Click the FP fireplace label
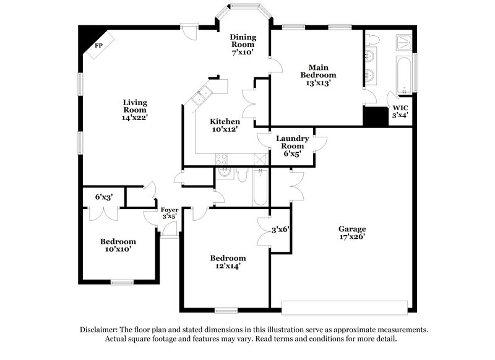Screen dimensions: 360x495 pyautogui.click(x=98, y=46)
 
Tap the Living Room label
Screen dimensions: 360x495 pyautogui.click(x=134, y=109)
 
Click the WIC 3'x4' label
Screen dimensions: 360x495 pyautogui.click(x=400, y=111)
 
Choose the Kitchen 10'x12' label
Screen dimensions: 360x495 pyautogui.click(x=225, y=126)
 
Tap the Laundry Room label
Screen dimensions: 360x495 pyautogui.click(x=288, y=146)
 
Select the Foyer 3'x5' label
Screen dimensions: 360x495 pyautogui.click(x=169, y=213)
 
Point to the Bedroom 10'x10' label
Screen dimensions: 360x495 pyautogui.click(x=118, y=245)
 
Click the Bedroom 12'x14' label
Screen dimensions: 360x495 pyautogui.click(x=228, y=262)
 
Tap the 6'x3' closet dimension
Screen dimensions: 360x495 pyautogui.click(x=103, y=197)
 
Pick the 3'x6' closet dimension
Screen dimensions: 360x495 pyautogui.click(x=280, y=229)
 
